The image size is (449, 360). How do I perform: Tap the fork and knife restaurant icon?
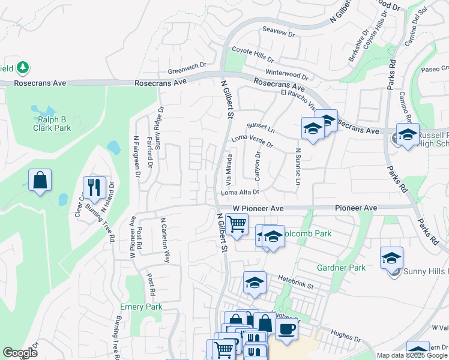point(94,187)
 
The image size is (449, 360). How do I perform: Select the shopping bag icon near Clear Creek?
point(40,179)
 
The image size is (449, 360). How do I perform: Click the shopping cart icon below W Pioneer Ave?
point(237,224)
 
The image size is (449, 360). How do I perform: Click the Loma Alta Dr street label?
point(240,193)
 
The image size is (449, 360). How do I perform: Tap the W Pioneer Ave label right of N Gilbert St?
point(258,208)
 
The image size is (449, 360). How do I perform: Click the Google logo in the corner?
point(20,353)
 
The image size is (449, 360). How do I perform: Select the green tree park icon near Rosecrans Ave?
point(23,67)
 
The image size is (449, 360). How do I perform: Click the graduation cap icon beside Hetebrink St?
point(255,282)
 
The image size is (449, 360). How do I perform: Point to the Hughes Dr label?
point(345,337)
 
